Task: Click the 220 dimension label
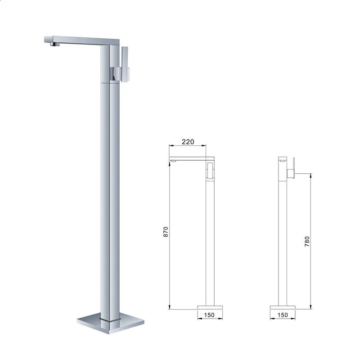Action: click(188, 142)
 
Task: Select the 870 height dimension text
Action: click(166, 232)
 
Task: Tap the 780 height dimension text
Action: click(307, 242)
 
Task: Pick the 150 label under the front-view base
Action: click(209, 315)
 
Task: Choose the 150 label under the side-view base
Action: click(283, 315)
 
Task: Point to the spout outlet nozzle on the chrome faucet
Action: click(54, 44)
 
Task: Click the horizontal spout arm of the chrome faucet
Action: click(81, 40)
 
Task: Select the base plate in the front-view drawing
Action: click(210, 307)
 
